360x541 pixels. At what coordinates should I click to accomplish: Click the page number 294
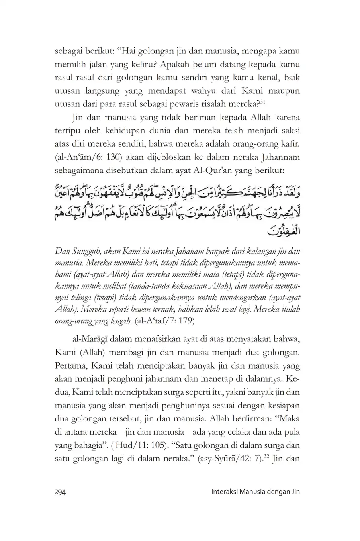pyautogui.click(x=60, y=492)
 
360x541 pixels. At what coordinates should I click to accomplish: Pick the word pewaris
pyautogui.click(x=184, y=104)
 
